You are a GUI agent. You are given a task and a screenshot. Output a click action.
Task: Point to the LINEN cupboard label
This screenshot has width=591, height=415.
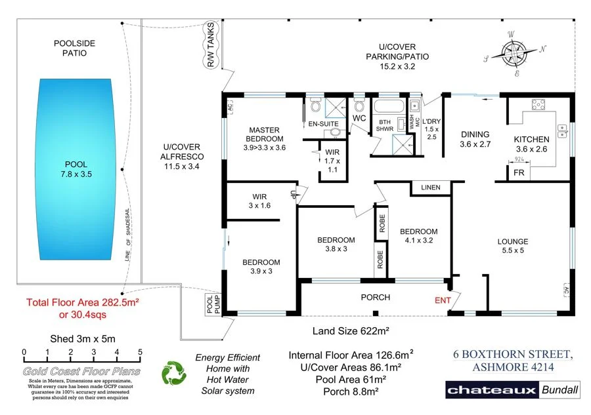[431, 188]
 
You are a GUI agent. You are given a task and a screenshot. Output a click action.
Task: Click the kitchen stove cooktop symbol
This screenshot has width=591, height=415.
[539, 105]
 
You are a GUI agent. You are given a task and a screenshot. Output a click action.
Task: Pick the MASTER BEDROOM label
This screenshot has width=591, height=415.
[265, 134]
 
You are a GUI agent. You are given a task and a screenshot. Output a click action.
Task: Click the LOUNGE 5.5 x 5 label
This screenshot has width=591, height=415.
[512, 246]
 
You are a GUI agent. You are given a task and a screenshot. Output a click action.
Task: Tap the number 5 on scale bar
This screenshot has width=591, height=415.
[140, 353]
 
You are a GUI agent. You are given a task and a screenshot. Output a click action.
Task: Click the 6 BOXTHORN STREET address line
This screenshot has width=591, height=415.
[514, 354]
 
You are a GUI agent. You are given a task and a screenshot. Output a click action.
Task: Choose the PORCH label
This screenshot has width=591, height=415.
[376, 297]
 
